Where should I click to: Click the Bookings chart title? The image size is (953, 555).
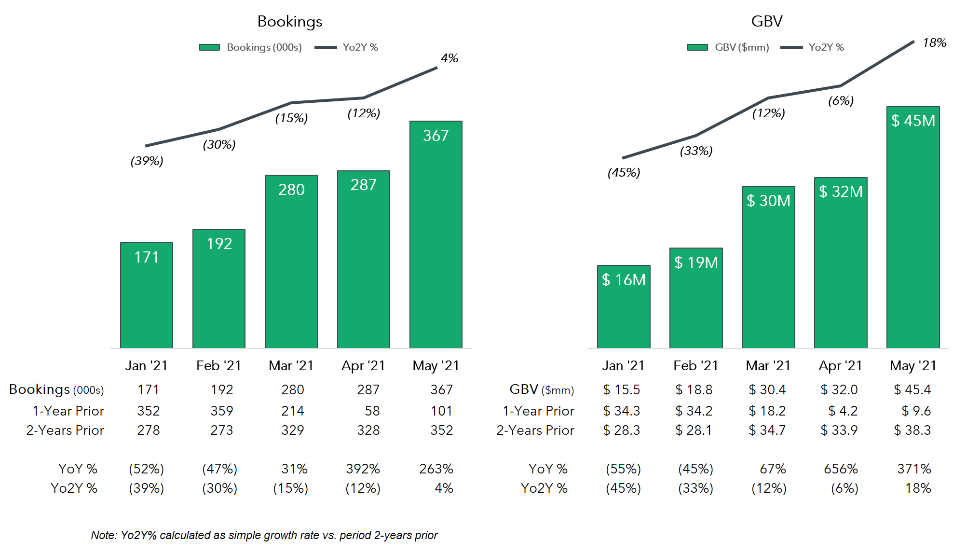pos(289,22)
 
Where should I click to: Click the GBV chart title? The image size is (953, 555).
pos(766,22)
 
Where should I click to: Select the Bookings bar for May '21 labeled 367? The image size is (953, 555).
pos(436,234)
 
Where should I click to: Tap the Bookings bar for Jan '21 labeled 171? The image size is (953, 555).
pos(147,295)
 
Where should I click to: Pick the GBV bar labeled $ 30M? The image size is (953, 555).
pos(768,267)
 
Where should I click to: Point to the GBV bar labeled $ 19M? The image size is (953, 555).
pos(696,298)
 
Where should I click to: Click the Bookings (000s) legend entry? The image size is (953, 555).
pos(251,47)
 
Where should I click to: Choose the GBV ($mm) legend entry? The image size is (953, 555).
pos(728,47)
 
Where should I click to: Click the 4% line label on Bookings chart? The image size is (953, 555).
pos(449,58)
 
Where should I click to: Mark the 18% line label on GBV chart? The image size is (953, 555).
pos(934,43)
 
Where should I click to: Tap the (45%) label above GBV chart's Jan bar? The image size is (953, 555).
pos(624,172)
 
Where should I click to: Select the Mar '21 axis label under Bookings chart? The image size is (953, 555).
pos(291,366)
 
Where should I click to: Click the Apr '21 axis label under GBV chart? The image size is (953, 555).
pos(840,366)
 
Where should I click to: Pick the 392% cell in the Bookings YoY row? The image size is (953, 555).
pos(363,469)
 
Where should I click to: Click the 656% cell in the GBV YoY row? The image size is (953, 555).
pos(841,469)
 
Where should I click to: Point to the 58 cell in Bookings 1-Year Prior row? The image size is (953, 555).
pos(372,411)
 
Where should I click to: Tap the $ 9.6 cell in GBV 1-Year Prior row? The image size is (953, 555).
pos(916,411)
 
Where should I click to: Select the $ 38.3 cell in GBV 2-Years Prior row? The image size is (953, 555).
pos(912,430)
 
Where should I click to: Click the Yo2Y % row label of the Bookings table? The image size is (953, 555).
pos(74,488)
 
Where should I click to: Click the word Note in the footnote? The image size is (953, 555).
pos(103,535)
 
